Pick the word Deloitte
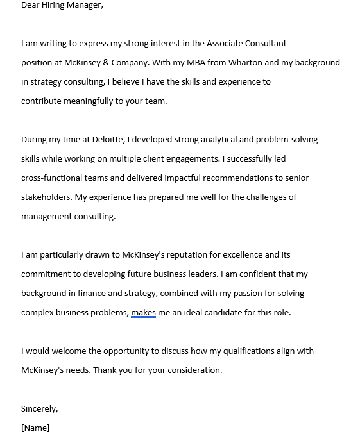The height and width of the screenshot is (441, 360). [108, 140]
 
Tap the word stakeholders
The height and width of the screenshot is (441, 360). [46, 197]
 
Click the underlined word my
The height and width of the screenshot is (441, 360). [302, 274]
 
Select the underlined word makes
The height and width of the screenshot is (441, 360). [143, 313]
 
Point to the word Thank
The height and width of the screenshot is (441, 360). [105, 370]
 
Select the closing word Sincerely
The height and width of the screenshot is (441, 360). [39, 409]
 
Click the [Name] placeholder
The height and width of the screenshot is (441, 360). [35, 428]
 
